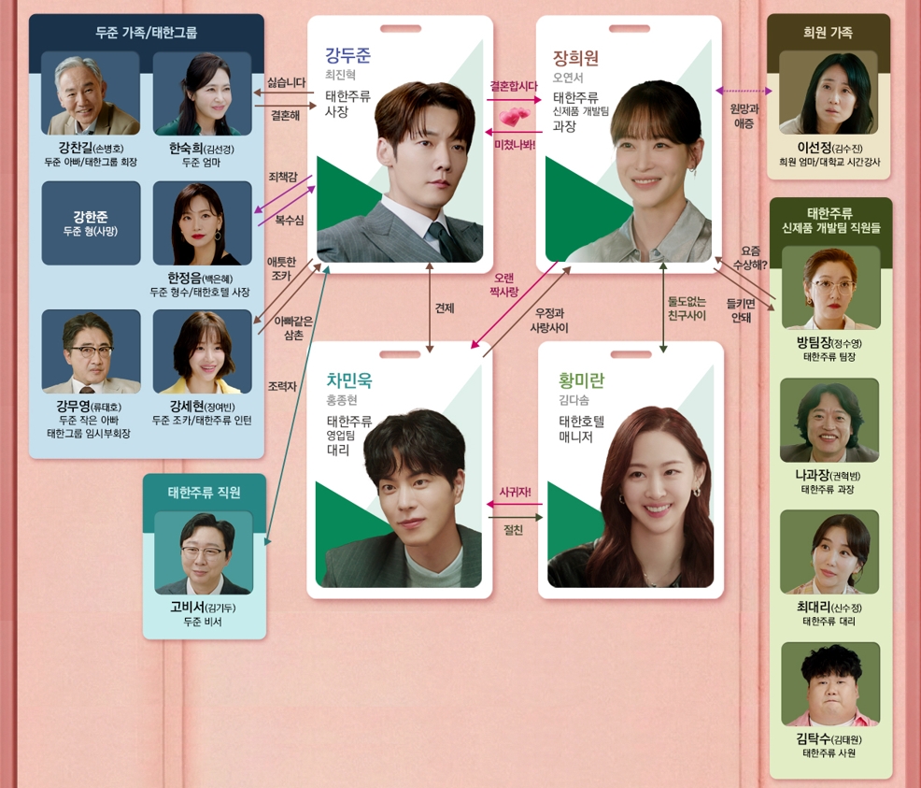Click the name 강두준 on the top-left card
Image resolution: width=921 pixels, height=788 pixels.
click(348, 54)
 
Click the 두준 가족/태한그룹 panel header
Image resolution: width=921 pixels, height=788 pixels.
click(147, 32)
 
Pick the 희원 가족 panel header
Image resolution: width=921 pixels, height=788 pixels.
click(828, 32)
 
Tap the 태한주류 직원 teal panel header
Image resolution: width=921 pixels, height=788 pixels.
click(204, 492)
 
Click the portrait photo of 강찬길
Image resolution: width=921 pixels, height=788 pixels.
click(91, 93)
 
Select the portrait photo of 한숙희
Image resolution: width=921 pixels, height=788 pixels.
click(202, 93)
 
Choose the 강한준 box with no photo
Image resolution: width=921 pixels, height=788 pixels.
click(91, 222)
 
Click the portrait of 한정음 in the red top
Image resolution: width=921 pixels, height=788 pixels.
click(202, 222)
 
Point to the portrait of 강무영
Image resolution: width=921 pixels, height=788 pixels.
click(91, 351)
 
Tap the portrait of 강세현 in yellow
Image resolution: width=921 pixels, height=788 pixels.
click(202, 351)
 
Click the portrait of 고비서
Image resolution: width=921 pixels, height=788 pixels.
click(203, 552)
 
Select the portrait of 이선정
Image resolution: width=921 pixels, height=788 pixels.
click(828, 93)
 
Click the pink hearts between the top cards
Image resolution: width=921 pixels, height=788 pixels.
click(513, 119)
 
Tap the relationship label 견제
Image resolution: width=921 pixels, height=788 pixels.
click(445, 308)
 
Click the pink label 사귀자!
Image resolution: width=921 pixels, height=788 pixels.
click(515, 492)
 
